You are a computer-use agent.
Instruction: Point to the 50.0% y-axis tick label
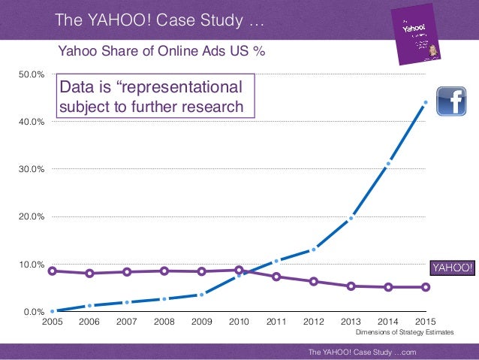click(x=31, y=74)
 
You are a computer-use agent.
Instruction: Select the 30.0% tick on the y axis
click(x=31, y=169)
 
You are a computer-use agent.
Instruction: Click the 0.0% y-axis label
click(x=33, y=312)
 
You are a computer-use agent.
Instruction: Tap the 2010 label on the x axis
click(x=239, y=322)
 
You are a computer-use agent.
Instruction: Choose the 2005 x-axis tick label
click(x=52, y=322)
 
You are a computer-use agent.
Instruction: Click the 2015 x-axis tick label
click(x=425, y=322)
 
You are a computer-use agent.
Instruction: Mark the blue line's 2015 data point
click(x=426, y=102)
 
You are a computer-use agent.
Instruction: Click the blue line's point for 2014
click(x=388, y=163)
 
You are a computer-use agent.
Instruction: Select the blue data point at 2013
click(x=351, y=219)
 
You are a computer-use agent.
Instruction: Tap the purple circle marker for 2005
click(x=52, y=271)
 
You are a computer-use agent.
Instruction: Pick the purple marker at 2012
click(x=313, y=281)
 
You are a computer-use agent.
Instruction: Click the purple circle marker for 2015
click(x=426, y=287)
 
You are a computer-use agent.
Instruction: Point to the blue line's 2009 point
click(x=201, y=295)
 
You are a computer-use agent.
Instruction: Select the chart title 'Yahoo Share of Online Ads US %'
click(x=162, y=51)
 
